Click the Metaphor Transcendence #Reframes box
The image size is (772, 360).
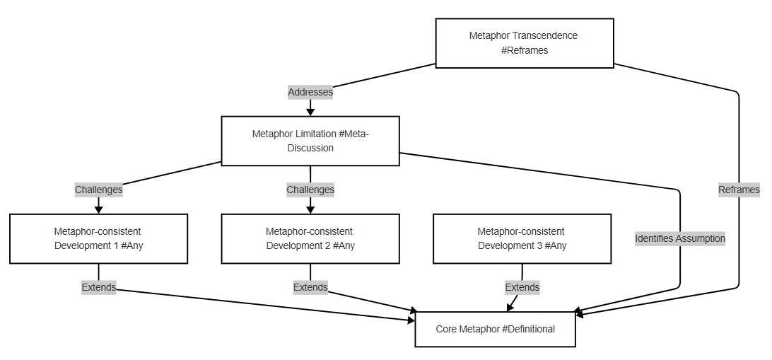coord(524,43)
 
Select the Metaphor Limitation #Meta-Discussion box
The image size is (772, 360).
coord(310,141)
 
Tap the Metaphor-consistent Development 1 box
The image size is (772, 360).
coord(98,238)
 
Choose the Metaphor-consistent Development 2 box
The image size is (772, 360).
coord(310,238)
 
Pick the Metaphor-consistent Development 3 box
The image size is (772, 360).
coord(522,238)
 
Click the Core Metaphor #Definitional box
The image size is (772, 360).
coord(495,329)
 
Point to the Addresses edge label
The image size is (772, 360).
coord(310,92)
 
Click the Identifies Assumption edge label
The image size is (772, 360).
coord(680,238)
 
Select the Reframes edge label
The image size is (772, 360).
coord(739,190)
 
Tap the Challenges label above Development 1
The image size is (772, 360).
coord(98,190)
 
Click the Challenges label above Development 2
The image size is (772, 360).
coord(310,190)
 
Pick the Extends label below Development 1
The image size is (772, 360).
coord(98,287)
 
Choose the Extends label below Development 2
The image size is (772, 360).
coord(310,287)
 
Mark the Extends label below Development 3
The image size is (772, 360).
coord(522,287)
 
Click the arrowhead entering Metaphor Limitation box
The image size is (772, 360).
coord(310,112)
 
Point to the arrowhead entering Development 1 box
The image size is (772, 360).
coord(98,209)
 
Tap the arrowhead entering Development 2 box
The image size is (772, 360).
coord(310,209)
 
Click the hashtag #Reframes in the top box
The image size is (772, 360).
coord(524,50)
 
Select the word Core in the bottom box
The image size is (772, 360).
coord(446,329)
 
